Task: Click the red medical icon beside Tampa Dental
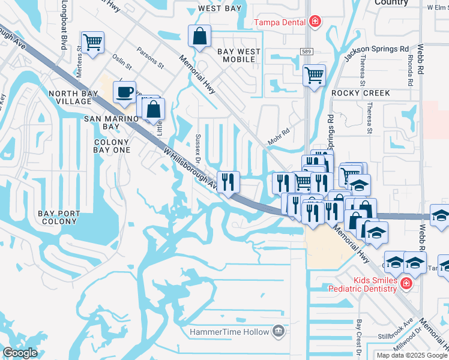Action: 314,22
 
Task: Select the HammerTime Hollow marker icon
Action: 278,331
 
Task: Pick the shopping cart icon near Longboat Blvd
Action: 92,43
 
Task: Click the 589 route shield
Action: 307,52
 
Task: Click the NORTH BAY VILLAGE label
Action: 70,98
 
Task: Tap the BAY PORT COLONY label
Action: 58,217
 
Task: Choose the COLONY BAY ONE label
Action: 112,146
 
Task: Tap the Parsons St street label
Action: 150,57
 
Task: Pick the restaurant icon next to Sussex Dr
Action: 228,182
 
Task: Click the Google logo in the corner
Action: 20,353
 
